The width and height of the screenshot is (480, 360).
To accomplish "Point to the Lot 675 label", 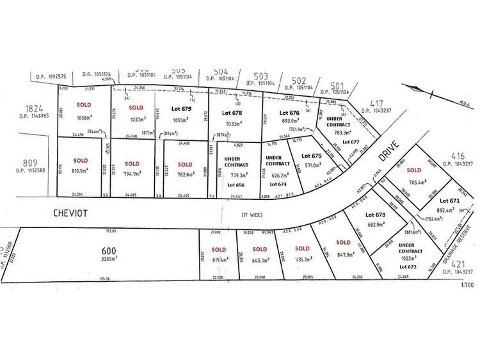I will (311, 156).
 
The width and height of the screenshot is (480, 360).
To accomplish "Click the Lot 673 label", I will (376, 215).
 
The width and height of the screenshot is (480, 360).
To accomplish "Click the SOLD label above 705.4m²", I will (414, 170).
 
